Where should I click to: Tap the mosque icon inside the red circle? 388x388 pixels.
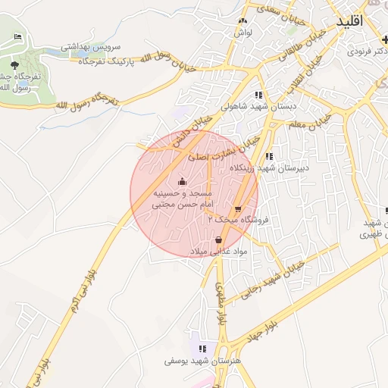[x=181, y=182]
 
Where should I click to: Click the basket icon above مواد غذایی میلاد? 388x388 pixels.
[x=219, y=240]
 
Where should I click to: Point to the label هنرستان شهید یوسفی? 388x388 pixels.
[x=202, y=361]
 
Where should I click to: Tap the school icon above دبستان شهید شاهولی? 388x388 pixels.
[x=258, y=95]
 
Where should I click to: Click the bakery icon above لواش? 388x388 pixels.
[x=242, y=21]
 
